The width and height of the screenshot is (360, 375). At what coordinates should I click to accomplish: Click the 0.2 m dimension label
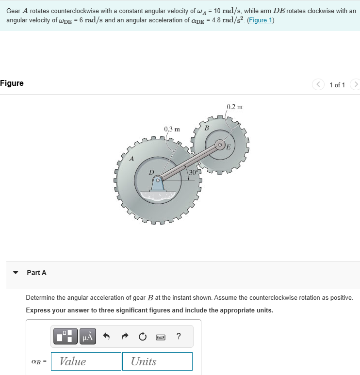click(x=234, y=107)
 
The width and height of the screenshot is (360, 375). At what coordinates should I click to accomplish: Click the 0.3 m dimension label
click(x=172, y=130)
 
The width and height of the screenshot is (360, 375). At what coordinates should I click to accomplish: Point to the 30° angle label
click(x=193, y=172)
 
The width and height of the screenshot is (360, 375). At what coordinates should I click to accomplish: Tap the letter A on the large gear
click(x=131, y=159)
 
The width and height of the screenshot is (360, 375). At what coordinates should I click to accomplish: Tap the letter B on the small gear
click(x=207, y=128)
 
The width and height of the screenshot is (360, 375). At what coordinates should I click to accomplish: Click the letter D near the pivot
click(x=151, y=172)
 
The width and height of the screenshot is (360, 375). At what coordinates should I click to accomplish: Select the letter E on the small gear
click(x=228, y=147)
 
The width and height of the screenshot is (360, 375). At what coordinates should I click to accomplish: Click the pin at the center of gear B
click(x=220, y=145)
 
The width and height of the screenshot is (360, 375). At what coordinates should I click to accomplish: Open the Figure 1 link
click(x=260, y=20)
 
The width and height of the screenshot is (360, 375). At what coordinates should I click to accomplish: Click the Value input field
click(x=86, y=361)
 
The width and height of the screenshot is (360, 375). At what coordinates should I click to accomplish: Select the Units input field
click(x=161, y=361)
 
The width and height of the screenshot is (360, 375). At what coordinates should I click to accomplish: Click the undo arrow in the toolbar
click(x=107, y=336)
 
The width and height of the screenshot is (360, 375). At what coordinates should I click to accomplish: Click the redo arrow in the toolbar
click(x=124, y=336)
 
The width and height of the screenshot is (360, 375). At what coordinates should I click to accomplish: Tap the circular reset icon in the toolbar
click(x=142, y=336)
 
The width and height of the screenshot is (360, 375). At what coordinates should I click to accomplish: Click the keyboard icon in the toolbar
click(x=160, y=336)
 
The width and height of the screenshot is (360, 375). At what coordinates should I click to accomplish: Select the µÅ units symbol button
click(x=87, y=336)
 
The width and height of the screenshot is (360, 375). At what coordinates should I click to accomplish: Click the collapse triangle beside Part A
click(x=16, y=273)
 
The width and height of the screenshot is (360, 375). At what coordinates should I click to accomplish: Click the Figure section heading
click(x=12, y=83)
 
